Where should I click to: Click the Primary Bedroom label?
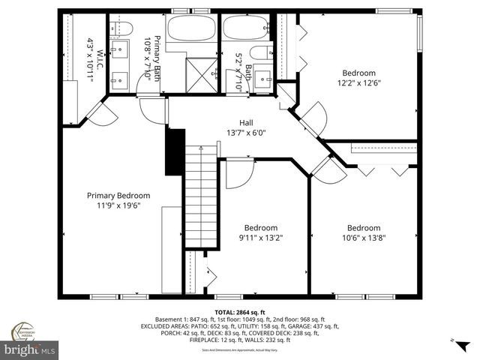[113, 195]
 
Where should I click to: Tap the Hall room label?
[246, 123]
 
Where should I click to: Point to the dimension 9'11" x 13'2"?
[261, 238]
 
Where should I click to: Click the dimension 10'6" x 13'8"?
[363, 238]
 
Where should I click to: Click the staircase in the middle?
[200, 196]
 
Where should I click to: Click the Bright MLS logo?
[29, 349]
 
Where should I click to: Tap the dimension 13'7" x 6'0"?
[246, 133]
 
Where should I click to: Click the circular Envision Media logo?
[22, 331]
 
